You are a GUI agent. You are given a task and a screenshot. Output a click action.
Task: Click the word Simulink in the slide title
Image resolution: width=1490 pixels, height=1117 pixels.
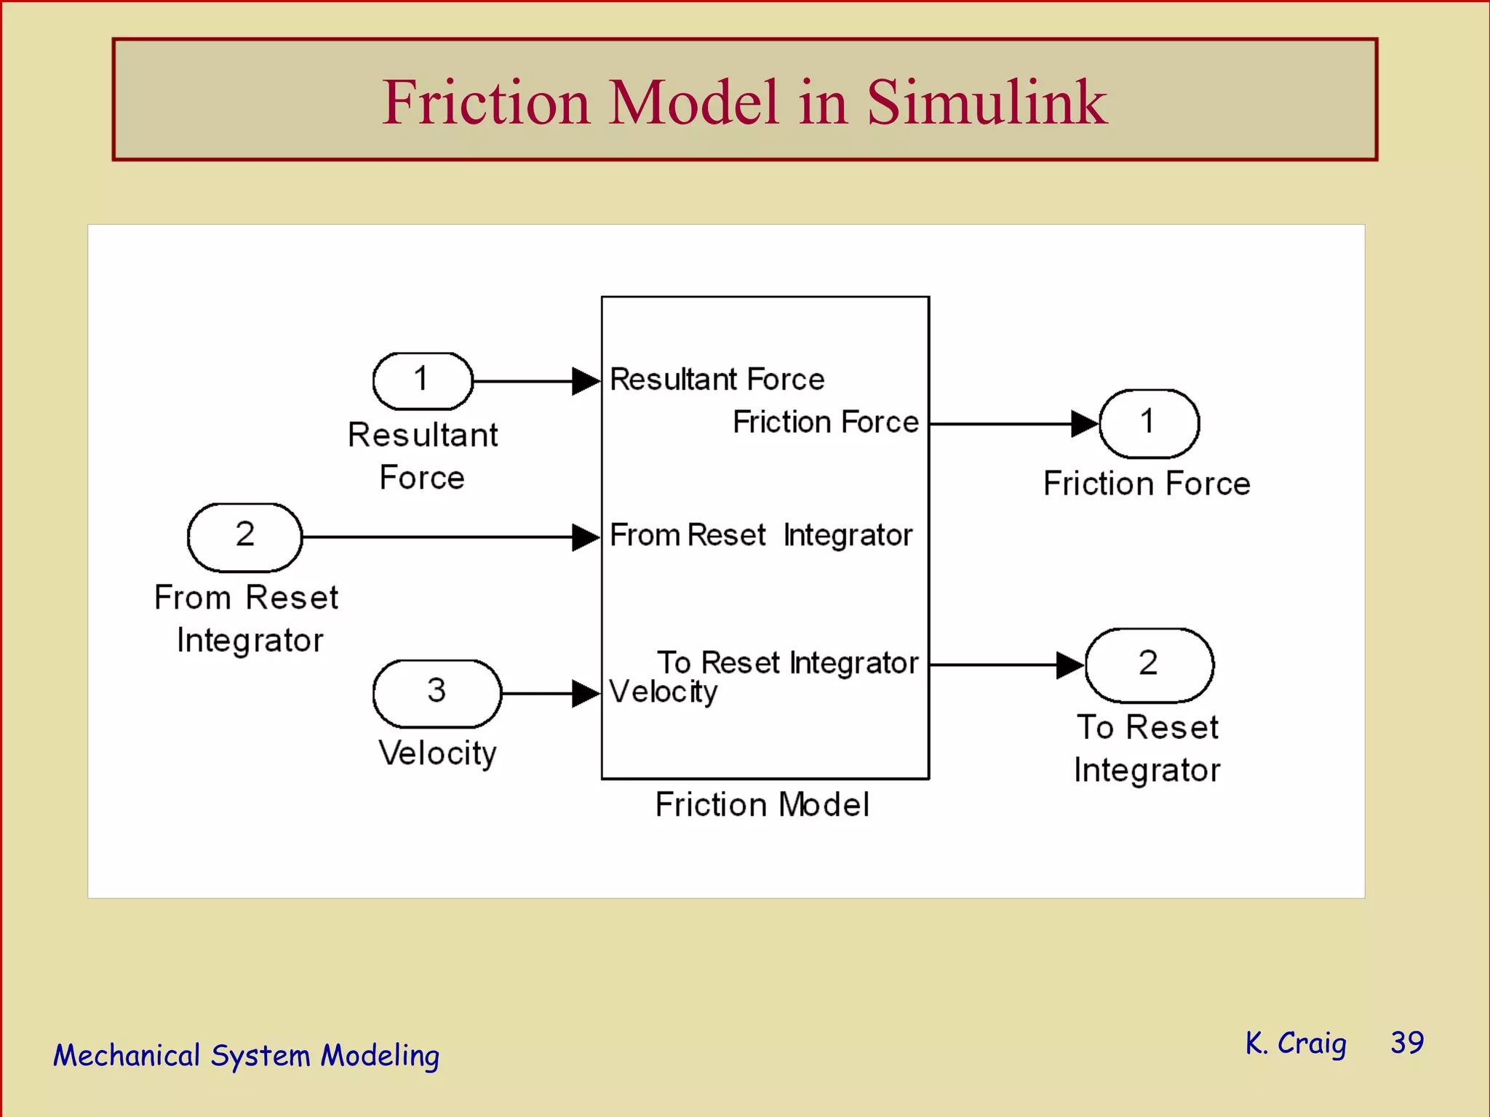tap(987, 103)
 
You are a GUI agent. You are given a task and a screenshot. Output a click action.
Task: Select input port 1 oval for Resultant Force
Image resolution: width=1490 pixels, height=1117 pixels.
tap(422, 380)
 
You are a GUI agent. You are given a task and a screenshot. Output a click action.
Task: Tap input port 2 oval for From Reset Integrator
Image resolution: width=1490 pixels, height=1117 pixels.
tap(244, 537)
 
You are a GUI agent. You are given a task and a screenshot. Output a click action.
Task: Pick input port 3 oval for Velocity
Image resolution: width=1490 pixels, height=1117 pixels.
tap(437, 693)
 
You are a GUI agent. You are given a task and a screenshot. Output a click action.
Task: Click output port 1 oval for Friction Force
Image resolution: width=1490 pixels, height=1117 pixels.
tap(1148, 423)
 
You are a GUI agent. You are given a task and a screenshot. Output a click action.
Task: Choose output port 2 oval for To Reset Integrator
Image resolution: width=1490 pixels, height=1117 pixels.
tap(1148, 665)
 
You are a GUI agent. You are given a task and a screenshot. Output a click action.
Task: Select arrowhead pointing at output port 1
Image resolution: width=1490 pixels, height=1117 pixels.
tap(1085, 423)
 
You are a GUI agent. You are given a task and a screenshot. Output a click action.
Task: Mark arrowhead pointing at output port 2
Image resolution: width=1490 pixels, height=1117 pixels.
tap(1069, 665)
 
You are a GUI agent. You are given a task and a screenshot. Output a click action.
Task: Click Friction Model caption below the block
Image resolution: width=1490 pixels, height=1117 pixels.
tap(762, 805)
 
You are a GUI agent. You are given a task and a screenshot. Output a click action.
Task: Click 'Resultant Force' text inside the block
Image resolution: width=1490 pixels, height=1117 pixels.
tap(717, 380)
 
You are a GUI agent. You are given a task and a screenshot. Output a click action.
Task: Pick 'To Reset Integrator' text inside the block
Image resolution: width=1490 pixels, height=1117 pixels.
tap(787, 662)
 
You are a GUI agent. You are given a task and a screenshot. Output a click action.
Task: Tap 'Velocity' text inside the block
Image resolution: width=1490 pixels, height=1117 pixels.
tap(663, 692)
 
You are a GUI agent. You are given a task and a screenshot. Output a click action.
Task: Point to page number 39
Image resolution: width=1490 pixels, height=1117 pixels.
tap(1407, 1043)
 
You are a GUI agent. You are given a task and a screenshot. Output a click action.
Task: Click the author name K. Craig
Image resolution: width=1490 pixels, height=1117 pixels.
tap(1295, 1043)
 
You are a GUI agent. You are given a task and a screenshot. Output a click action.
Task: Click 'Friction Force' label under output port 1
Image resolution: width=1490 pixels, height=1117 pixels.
tap(1147, 484)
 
